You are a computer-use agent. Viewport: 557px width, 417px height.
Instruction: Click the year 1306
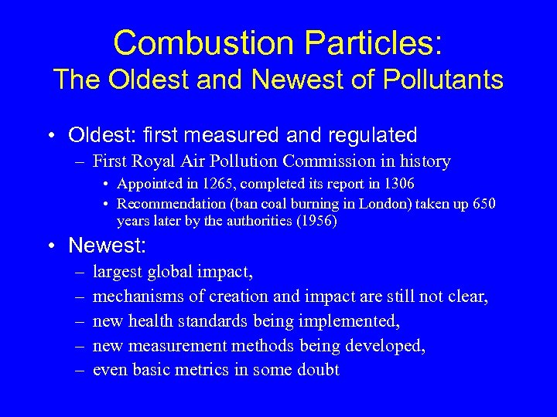[x=397, y=185]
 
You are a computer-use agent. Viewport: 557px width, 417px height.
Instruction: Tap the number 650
[x=482, y=203]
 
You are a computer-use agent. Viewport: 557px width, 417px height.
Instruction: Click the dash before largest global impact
[x=79, y=272]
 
